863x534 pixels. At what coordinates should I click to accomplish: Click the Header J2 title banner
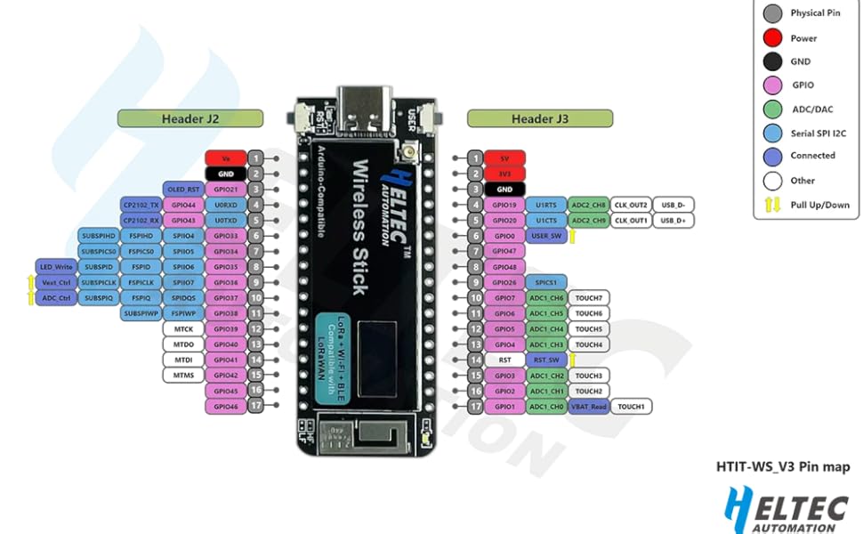190,118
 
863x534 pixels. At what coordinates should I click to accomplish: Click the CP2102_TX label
141,205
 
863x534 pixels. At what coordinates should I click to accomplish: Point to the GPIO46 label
225,407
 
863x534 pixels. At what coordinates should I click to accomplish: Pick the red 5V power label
504,158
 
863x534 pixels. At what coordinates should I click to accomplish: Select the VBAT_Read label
588,407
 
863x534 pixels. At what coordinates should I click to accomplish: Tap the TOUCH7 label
588,298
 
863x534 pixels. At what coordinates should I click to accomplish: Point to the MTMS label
184,376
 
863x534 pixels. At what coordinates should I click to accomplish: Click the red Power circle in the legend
773,38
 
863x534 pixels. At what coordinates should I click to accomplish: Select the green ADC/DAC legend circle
773,109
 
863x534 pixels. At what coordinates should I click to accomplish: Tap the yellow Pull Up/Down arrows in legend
773,205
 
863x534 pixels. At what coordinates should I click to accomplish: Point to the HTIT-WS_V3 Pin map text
782,466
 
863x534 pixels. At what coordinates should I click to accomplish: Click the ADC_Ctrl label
55,298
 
